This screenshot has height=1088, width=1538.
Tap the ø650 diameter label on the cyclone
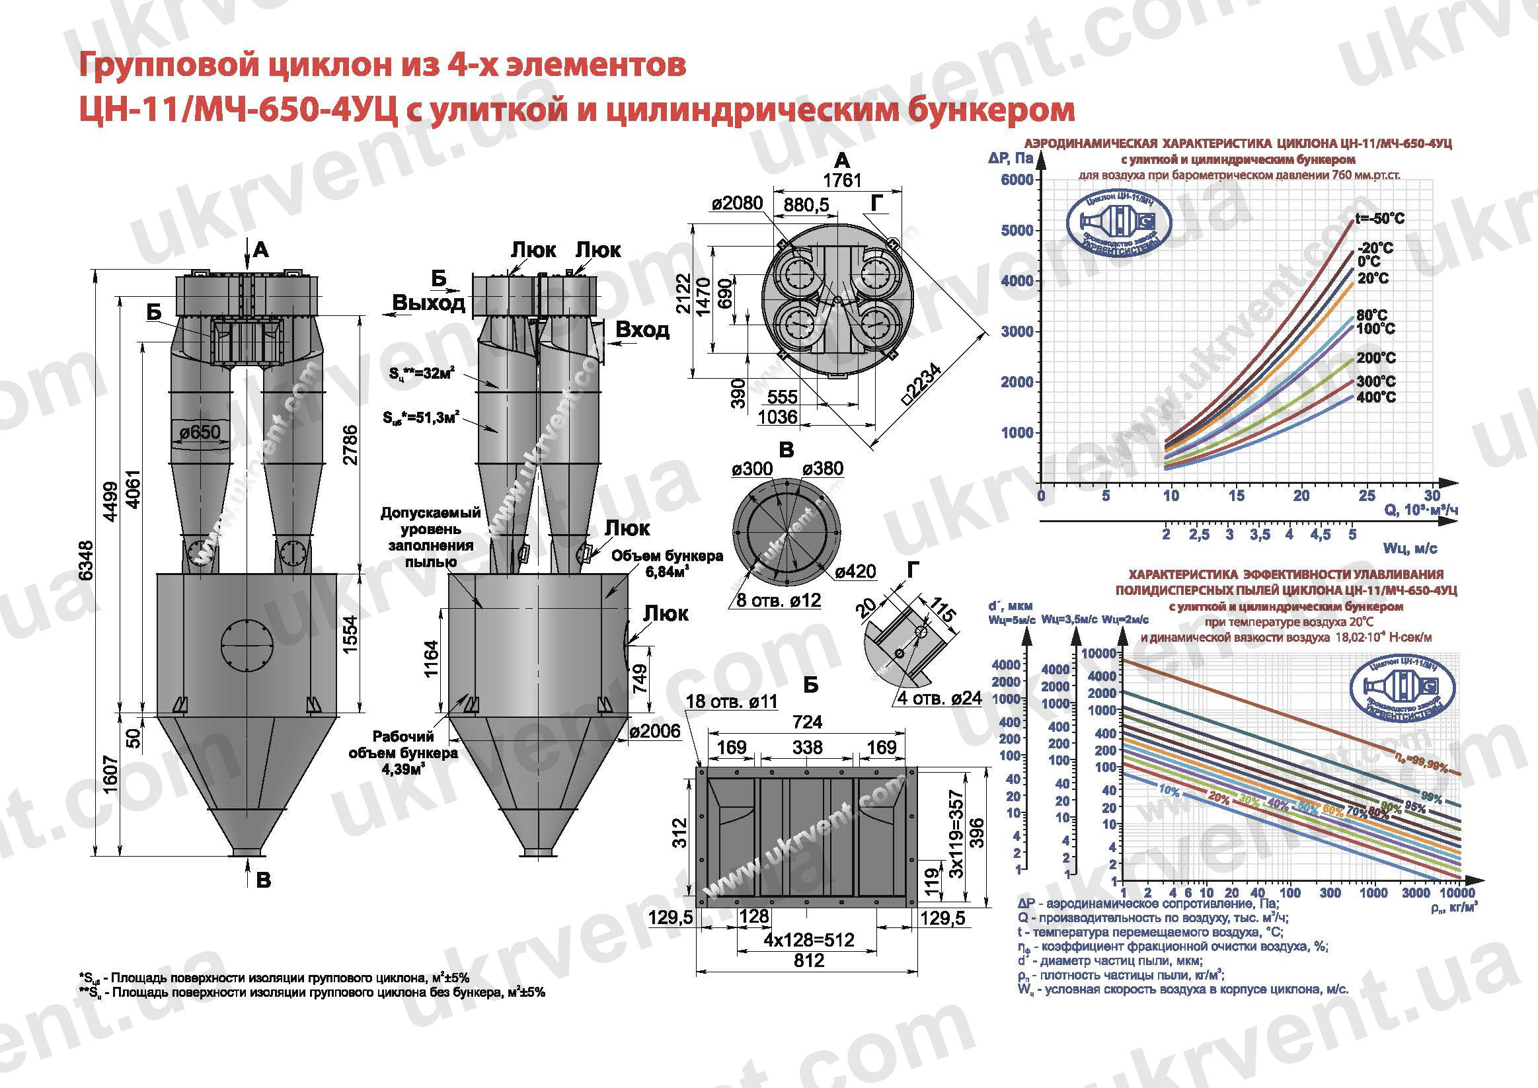(x=200, y=432)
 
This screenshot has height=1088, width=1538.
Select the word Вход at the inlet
(x=642, y=330)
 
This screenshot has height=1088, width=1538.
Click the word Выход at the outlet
(x=428, y=303)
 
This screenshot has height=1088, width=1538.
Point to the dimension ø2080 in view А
(x=737, y=203)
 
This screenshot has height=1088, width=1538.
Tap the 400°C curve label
(x=1376, y=397)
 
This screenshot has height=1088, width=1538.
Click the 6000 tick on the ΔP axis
(x=1017, y=180)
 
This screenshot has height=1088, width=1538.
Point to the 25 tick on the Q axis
(x=1367, y=496)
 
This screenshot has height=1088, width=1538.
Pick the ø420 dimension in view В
(x=855, y=572)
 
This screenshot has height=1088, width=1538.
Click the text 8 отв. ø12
(x=779, y=600)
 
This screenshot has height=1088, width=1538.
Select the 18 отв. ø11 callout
(x=732, y=701)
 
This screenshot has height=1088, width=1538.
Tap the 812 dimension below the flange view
(x=808, y=960)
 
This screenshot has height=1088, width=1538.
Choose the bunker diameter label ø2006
(x=654, y=731)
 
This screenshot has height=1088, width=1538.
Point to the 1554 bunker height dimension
(x=350, y=634)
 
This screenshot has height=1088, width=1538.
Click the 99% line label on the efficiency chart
(x=1432, y=797)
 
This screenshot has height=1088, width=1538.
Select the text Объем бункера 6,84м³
(x=666, y=563)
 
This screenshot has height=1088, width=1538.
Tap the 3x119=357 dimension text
(x=956, y=834)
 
